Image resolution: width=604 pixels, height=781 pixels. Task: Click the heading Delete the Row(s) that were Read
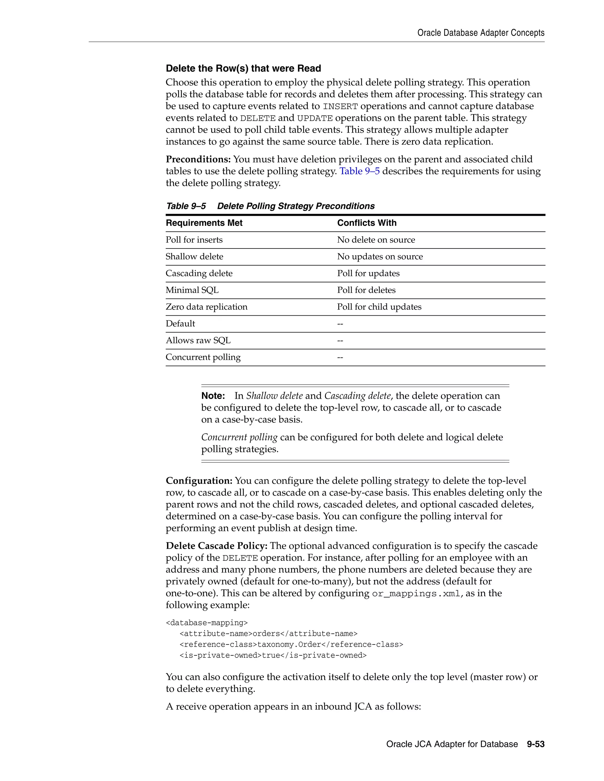243,68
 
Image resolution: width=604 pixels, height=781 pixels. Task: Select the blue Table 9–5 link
359,171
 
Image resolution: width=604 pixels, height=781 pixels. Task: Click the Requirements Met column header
204,223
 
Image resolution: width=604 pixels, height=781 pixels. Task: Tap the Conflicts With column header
367,223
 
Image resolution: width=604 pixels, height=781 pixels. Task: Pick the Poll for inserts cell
194,240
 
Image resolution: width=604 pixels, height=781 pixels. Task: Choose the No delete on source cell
376,240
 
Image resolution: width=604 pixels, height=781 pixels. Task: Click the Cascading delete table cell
199,273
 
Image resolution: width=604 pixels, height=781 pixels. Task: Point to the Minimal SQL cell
192,290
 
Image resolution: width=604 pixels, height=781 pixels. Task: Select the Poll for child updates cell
379,307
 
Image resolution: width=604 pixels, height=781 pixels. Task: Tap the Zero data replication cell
206,307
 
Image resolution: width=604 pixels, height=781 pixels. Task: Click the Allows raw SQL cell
198,340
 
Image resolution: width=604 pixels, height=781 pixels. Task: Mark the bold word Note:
213,396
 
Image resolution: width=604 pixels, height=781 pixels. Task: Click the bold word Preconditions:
198,159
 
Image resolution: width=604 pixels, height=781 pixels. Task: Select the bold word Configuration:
199,481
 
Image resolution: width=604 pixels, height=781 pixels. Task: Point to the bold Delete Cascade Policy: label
216,546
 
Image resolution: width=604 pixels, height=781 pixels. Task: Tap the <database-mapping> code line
206,623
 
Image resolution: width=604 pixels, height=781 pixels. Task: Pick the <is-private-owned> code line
273,655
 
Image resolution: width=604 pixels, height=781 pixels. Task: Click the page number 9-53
535,744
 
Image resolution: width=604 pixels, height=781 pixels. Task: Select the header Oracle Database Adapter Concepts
480,33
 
